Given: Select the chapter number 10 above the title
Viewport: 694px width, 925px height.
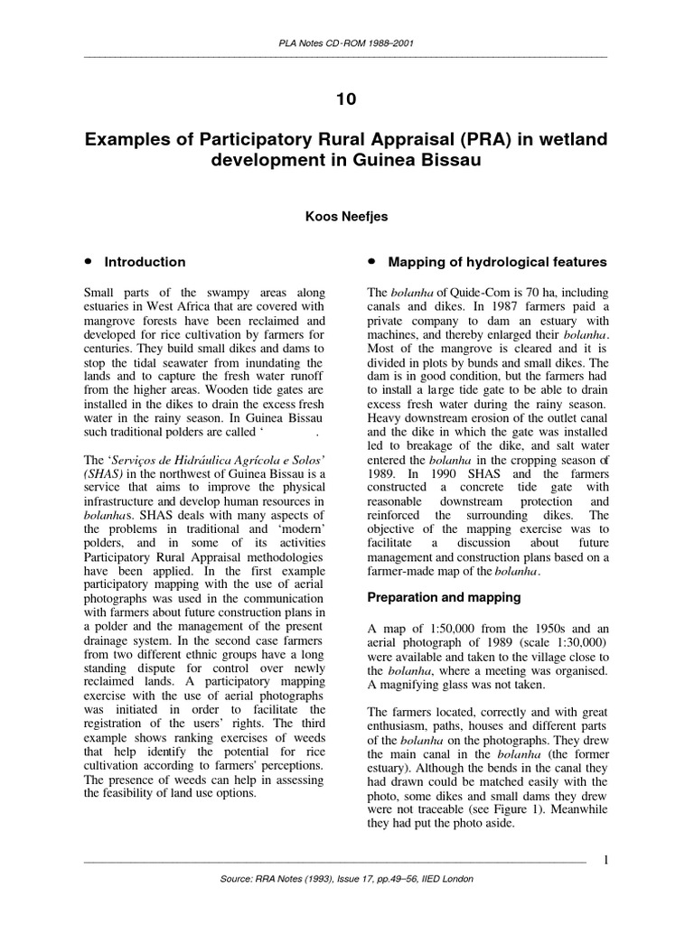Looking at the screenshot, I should point(346,100).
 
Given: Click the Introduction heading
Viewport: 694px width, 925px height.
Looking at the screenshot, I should point(145,262).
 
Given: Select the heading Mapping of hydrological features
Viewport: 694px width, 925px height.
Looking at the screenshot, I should point(497,262).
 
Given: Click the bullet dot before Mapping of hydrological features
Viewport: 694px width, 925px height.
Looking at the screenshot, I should point(371,261).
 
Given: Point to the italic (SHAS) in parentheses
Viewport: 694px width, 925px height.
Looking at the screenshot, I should point(108,472).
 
